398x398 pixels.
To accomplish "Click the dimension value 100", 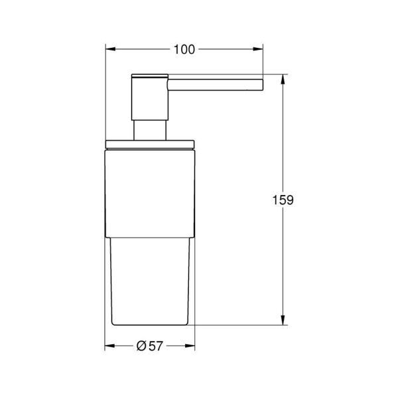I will pos(186,48).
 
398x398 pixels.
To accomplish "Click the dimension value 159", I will pos(283,200).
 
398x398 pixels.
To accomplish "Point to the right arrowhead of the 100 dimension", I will pos(261,48).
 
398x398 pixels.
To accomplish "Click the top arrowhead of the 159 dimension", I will pos(283,78).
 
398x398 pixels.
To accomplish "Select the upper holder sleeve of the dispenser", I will pos(151,189).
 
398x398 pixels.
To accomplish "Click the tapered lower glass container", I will pos(151,279).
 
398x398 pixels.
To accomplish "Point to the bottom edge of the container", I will pos(151,325).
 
